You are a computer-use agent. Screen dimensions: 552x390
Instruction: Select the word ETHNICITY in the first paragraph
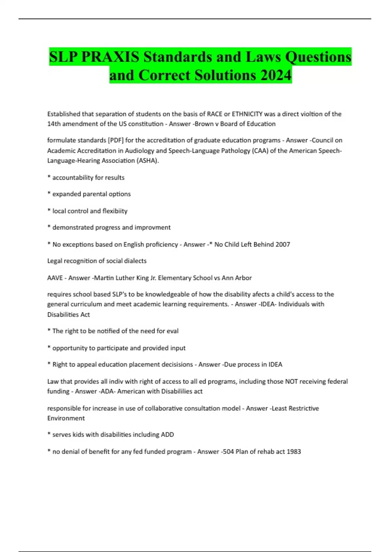coord(247,114)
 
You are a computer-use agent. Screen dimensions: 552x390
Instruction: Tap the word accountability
coord(73,178)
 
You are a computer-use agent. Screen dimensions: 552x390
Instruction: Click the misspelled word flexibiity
coord(115,211)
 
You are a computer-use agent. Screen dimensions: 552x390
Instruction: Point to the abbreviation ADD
coord(167,434)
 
